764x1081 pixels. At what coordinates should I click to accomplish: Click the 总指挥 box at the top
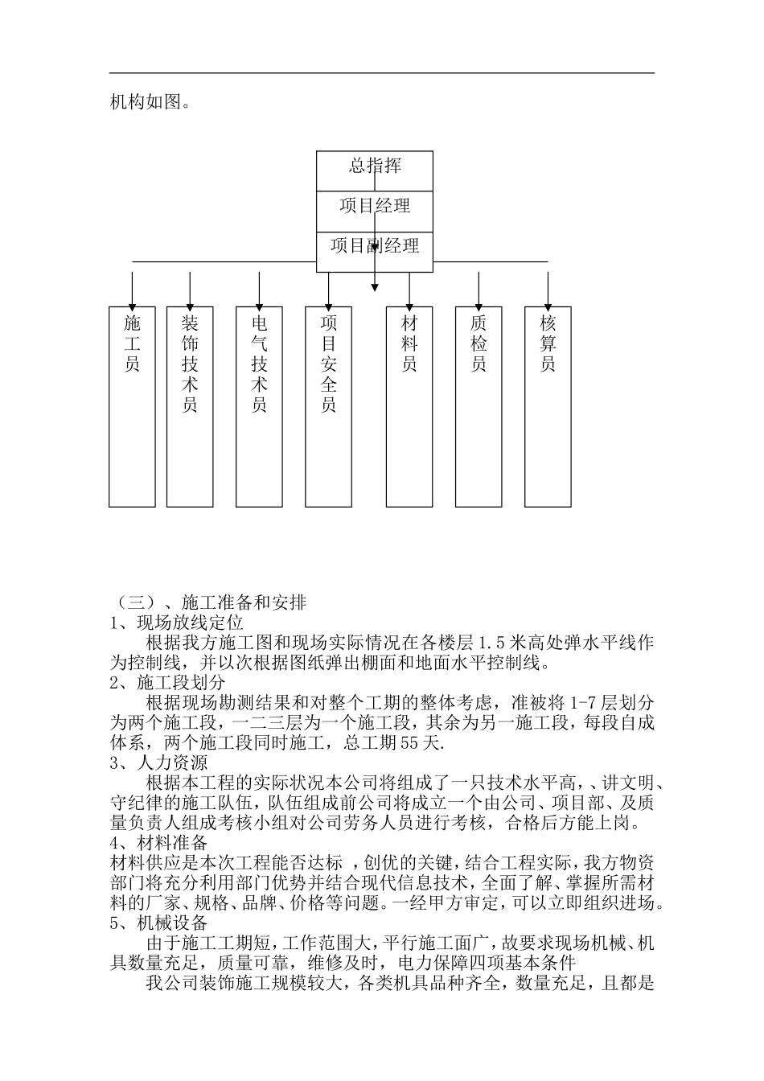pos(375,171)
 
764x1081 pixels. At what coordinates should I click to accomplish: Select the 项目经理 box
pos(375,211)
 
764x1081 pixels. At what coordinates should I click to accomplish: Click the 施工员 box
pos(132,406)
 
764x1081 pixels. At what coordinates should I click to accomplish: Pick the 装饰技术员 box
pos(190,406)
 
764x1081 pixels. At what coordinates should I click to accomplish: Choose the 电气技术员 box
pos(259,406)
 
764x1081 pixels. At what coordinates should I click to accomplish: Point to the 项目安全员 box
pos(328,406)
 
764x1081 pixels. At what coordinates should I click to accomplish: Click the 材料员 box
pos(409,406)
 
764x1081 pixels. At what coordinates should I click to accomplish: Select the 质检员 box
pos(479,406)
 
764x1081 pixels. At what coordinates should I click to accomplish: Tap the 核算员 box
pos(548,406)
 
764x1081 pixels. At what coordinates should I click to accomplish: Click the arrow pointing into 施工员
pos(132,290)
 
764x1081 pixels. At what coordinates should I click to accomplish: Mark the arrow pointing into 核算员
pos(548,290)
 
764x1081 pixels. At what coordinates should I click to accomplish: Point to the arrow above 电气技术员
pos(259,290)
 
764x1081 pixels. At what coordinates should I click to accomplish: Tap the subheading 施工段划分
pos(169,684)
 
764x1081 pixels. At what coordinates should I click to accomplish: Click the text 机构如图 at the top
pos(150,103)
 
